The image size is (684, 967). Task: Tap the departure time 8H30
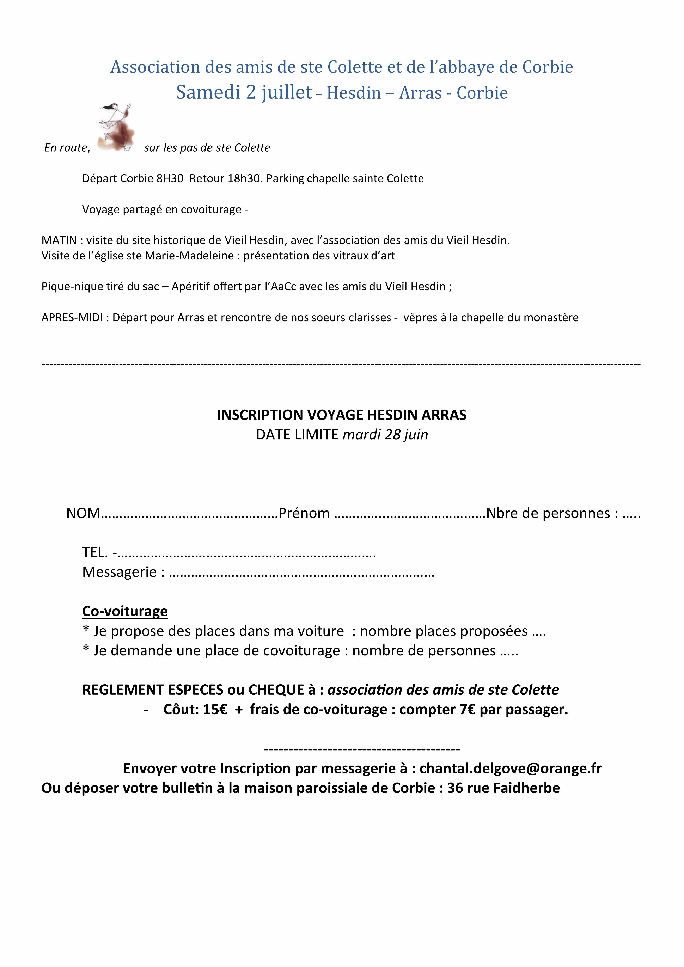tap(170, 179)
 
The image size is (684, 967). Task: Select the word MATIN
tap(59, 240)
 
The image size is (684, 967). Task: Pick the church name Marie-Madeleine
tap(189, 256)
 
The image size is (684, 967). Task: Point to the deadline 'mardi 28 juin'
tap(385, 434)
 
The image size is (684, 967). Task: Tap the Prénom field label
tap(304, 513)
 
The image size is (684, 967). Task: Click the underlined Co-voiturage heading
tap(125, 611)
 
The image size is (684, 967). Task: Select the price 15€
tap(215, 710)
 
